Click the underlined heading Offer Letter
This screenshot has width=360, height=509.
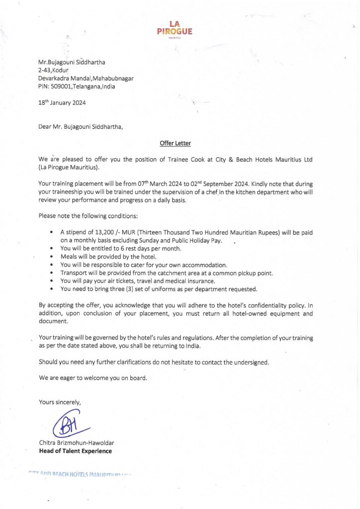175,144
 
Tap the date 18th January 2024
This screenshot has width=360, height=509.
62,103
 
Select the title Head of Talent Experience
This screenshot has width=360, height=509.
75,451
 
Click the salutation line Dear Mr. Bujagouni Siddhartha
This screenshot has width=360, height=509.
81,126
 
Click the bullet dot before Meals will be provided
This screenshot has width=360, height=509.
53,257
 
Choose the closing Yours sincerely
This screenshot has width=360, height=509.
60,402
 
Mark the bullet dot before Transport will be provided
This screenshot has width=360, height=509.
53,273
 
